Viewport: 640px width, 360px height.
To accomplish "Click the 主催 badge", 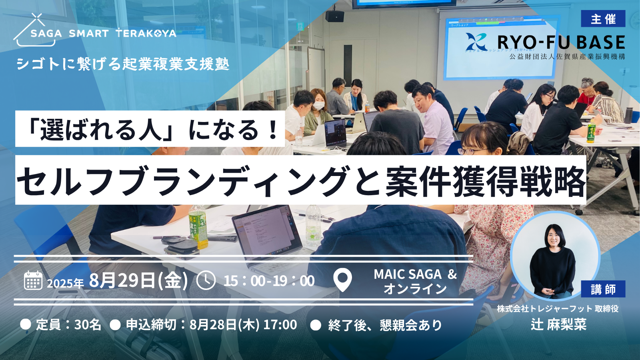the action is coord(603,19).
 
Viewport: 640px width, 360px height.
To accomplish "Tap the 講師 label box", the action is coord(603,289).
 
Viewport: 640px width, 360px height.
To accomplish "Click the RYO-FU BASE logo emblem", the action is coord(476,42).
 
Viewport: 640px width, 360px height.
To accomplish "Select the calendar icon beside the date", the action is coord(33,280).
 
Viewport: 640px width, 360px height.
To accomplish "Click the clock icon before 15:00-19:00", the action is coord(206,280).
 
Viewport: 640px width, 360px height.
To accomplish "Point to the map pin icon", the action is coord(342,280).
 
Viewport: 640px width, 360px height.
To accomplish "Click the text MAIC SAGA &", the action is coord(415,274).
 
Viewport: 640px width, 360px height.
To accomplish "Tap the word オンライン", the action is coord(415,289).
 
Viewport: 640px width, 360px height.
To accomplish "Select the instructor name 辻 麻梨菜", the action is coord(558,324).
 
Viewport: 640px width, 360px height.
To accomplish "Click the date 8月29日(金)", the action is coord(138,280).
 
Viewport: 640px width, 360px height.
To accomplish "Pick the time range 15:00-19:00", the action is coord(269,281).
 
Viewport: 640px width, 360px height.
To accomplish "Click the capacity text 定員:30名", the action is coord(68,324).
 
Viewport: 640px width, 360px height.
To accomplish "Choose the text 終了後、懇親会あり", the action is coord(385,325).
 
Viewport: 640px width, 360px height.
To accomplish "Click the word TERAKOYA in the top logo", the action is coord(146,33).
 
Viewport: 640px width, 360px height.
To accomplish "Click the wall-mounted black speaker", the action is coord(334,16).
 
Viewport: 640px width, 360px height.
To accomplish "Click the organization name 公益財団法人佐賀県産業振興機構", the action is coord(567,56).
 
